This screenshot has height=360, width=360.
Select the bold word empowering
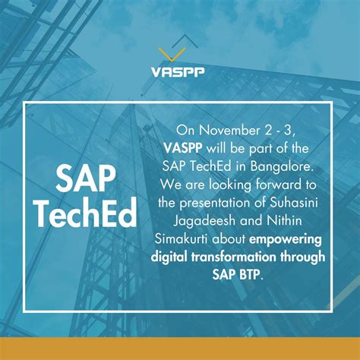tap(285, 238)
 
